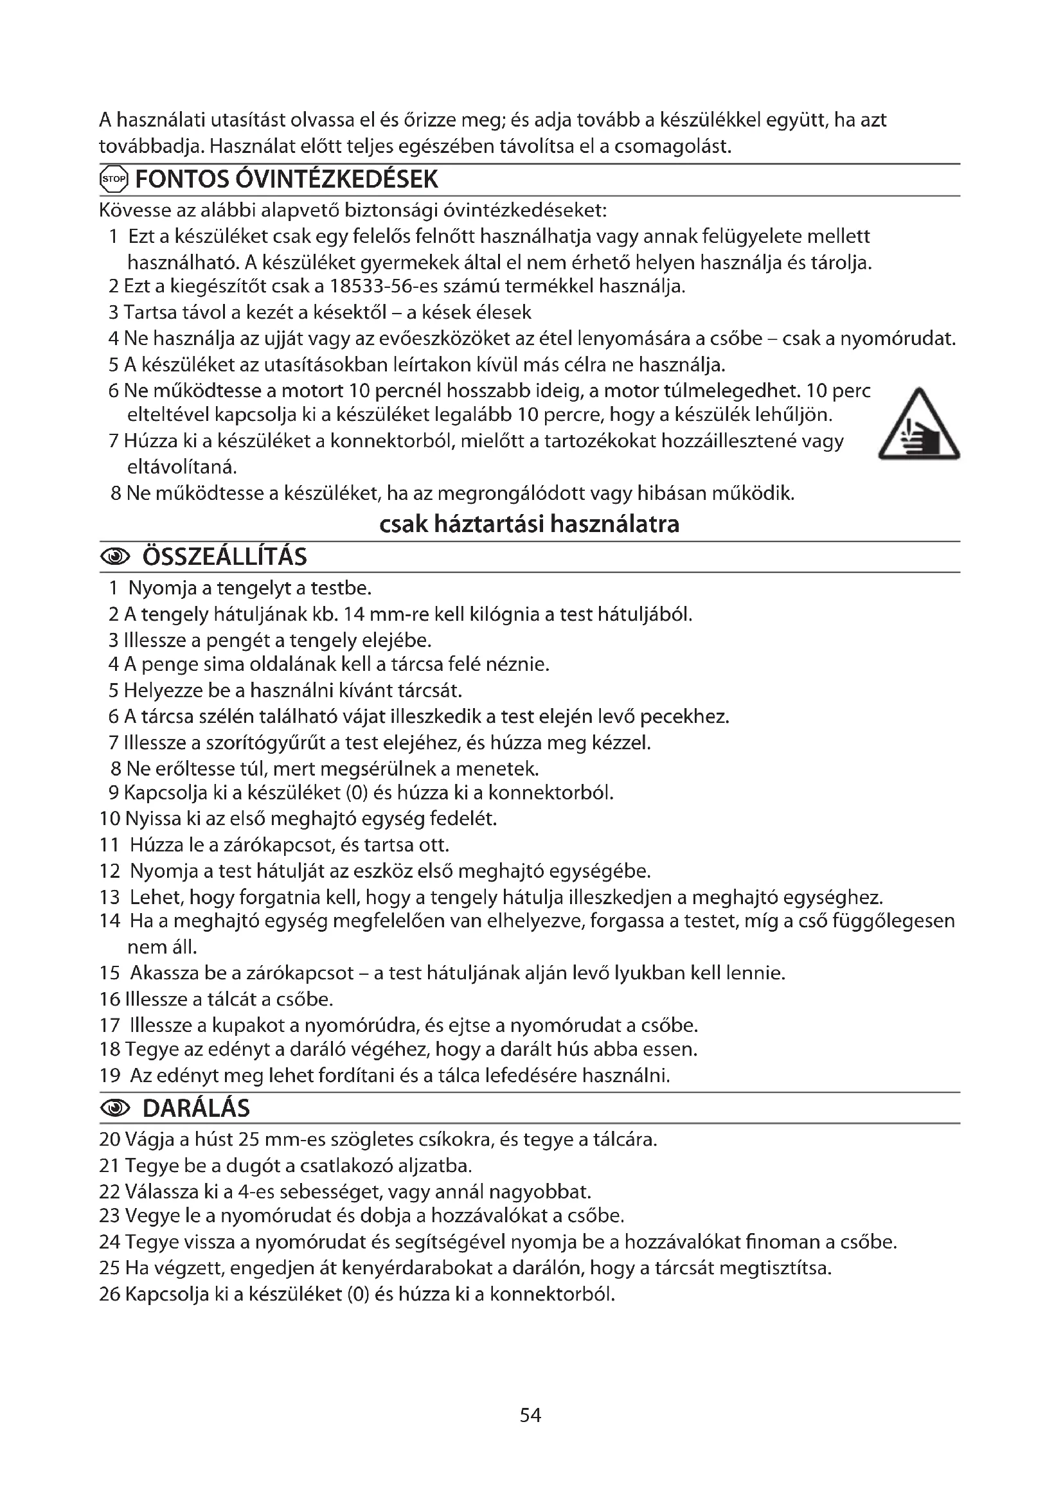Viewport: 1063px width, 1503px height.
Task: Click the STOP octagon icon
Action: click(112, 179)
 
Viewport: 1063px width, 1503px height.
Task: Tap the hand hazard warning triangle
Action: click(920, 425)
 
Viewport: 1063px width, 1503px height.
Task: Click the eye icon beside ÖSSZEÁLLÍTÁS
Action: click(115, 557)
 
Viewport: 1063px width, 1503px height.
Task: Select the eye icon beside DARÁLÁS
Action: click(115, 1108)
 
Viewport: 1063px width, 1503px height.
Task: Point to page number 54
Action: click(530, 1415)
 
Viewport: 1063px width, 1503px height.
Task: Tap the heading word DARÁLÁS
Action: click(196, 1108)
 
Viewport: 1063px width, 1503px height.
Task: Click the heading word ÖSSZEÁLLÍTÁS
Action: click(224, 557)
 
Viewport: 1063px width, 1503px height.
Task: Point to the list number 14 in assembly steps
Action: click(110, 921)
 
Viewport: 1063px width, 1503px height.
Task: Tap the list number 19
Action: click(110, 1075)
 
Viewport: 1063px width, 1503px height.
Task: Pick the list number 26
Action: click(110, 1294)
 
